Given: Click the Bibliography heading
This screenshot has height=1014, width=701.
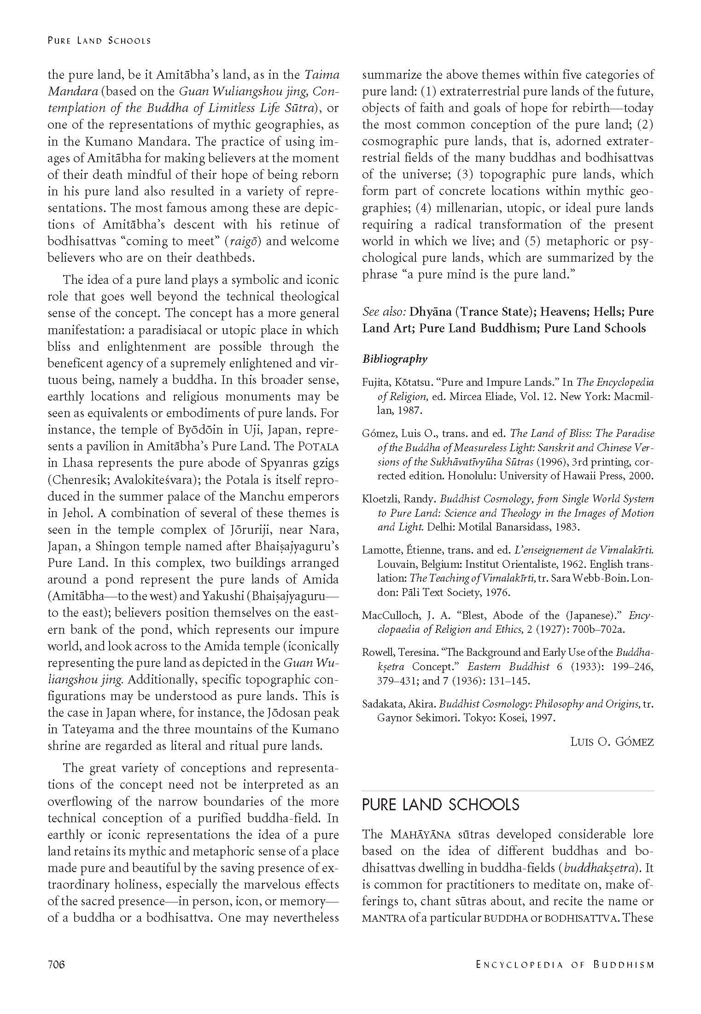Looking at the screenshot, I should [395, 359].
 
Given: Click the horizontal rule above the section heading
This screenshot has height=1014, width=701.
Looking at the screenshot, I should [508, 791].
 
